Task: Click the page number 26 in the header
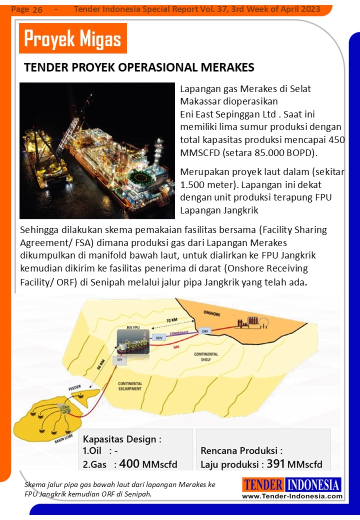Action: [x=37, y=10]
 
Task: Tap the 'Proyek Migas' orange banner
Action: [x=72, y=38]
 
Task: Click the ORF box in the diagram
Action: [x=204, y=331]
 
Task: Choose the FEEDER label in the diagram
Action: [x=74, y=387]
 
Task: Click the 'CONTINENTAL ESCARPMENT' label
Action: [x=130, y=386]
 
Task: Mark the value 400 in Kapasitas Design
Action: [x=129, y=463]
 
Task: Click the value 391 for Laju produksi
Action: [x=275, y=463]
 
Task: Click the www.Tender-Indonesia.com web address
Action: [x=292, y=496]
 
